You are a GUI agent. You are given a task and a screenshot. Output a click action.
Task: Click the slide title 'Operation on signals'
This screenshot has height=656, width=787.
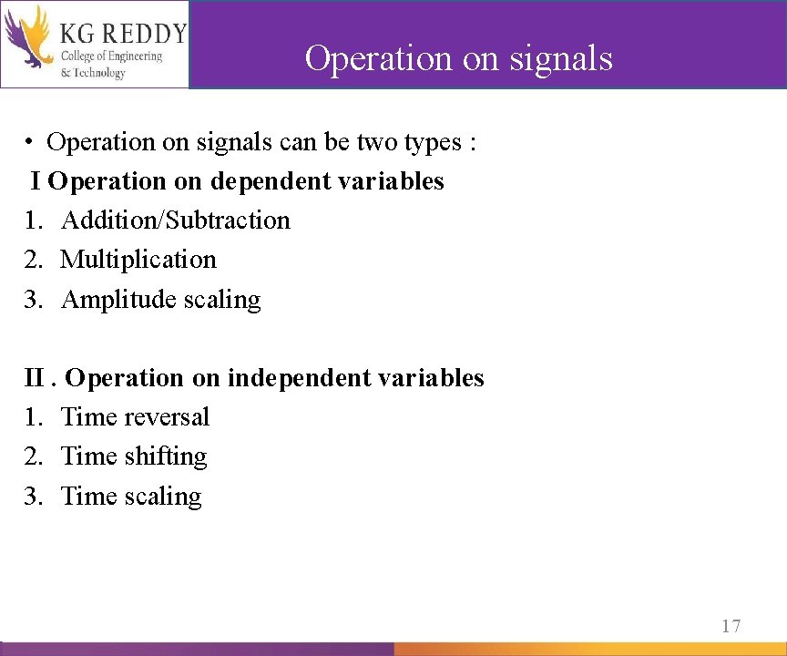click(458, 58)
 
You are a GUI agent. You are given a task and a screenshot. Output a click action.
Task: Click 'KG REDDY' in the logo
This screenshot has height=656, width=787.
click(123, 34)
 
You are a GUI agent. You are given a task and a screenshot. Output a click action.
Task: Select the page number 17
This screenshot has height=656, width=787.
click(731, 626)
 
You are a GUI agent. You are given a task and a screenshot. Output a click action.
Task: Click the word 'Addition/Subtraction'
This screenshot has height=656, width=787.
click(176, 220)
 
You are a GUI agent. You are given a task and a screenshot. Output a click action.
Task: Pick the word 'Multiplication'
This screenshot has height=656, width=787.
click(138, 260)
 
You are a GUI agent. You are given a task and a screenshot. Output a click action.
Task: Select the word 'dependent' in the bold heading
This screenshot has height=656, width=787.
click(271, 181)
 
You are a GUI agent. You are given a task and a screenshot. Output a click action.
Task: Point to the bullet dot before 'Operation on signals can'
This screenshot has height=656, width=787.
click(30, 143)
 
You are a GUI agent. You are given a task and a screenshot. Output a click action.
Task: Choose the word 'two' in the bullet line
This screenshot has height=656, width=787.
click(376, 142)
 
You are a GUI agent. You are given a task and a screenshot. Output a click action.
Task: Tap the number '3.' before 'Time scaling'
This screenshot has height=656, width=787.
click(34, 497)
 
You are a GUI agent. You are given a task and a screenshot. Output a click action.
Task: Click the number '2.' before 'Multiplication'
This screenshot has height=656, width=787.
click(34, 260)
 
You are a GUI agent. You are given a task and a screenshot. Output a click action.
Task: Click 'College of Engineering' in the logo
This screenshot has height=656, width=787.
click(111, 56)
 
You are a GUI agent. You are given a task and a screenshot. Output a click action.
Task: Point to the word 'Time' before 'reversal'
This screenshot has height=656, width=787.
click(88, 417)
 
